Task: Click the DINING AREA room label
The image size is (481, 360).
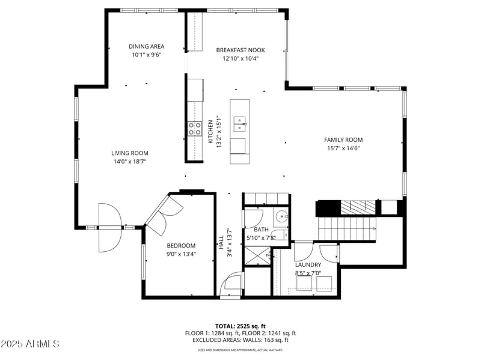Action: click(x=147, y=46)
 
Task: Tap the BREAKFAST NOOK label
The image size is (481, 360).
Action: click(x=240, y=50)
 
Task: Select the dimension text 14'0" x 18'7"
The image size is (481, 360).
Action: click(x=129, y=161)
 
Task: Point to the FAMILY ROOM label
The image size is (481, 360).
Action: click(x=343, y=140)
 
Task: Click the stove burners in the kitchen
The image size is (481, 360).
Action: click(x=194, y=128)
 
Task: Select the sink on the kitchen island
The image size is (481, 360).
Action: click(x=240, y=124)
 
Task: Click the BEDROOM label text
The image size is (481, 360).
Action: click(x=181, y=245)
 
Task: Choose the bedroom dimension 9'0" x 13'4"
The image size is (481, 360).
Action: click(x=181, y=254)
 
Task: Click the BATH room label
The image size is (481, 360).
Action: click(x=261, y=230)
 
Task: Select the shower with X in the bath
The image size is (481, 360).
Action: click(x=257, y=257)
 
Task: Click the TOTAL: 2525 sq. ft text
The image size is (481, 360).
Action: click(x=240, y=326)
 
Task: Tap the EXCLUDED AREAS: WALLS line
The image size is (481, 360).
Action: click(x=240, y=340)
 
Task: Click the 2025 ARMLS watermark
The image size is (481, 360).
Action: click(x=29, y=344)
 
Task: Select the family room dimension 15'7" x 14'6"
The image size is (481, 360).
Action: click(x=343, y=148)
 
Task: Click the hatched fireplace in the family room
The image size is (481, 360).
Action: click(x=359, y=207)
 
